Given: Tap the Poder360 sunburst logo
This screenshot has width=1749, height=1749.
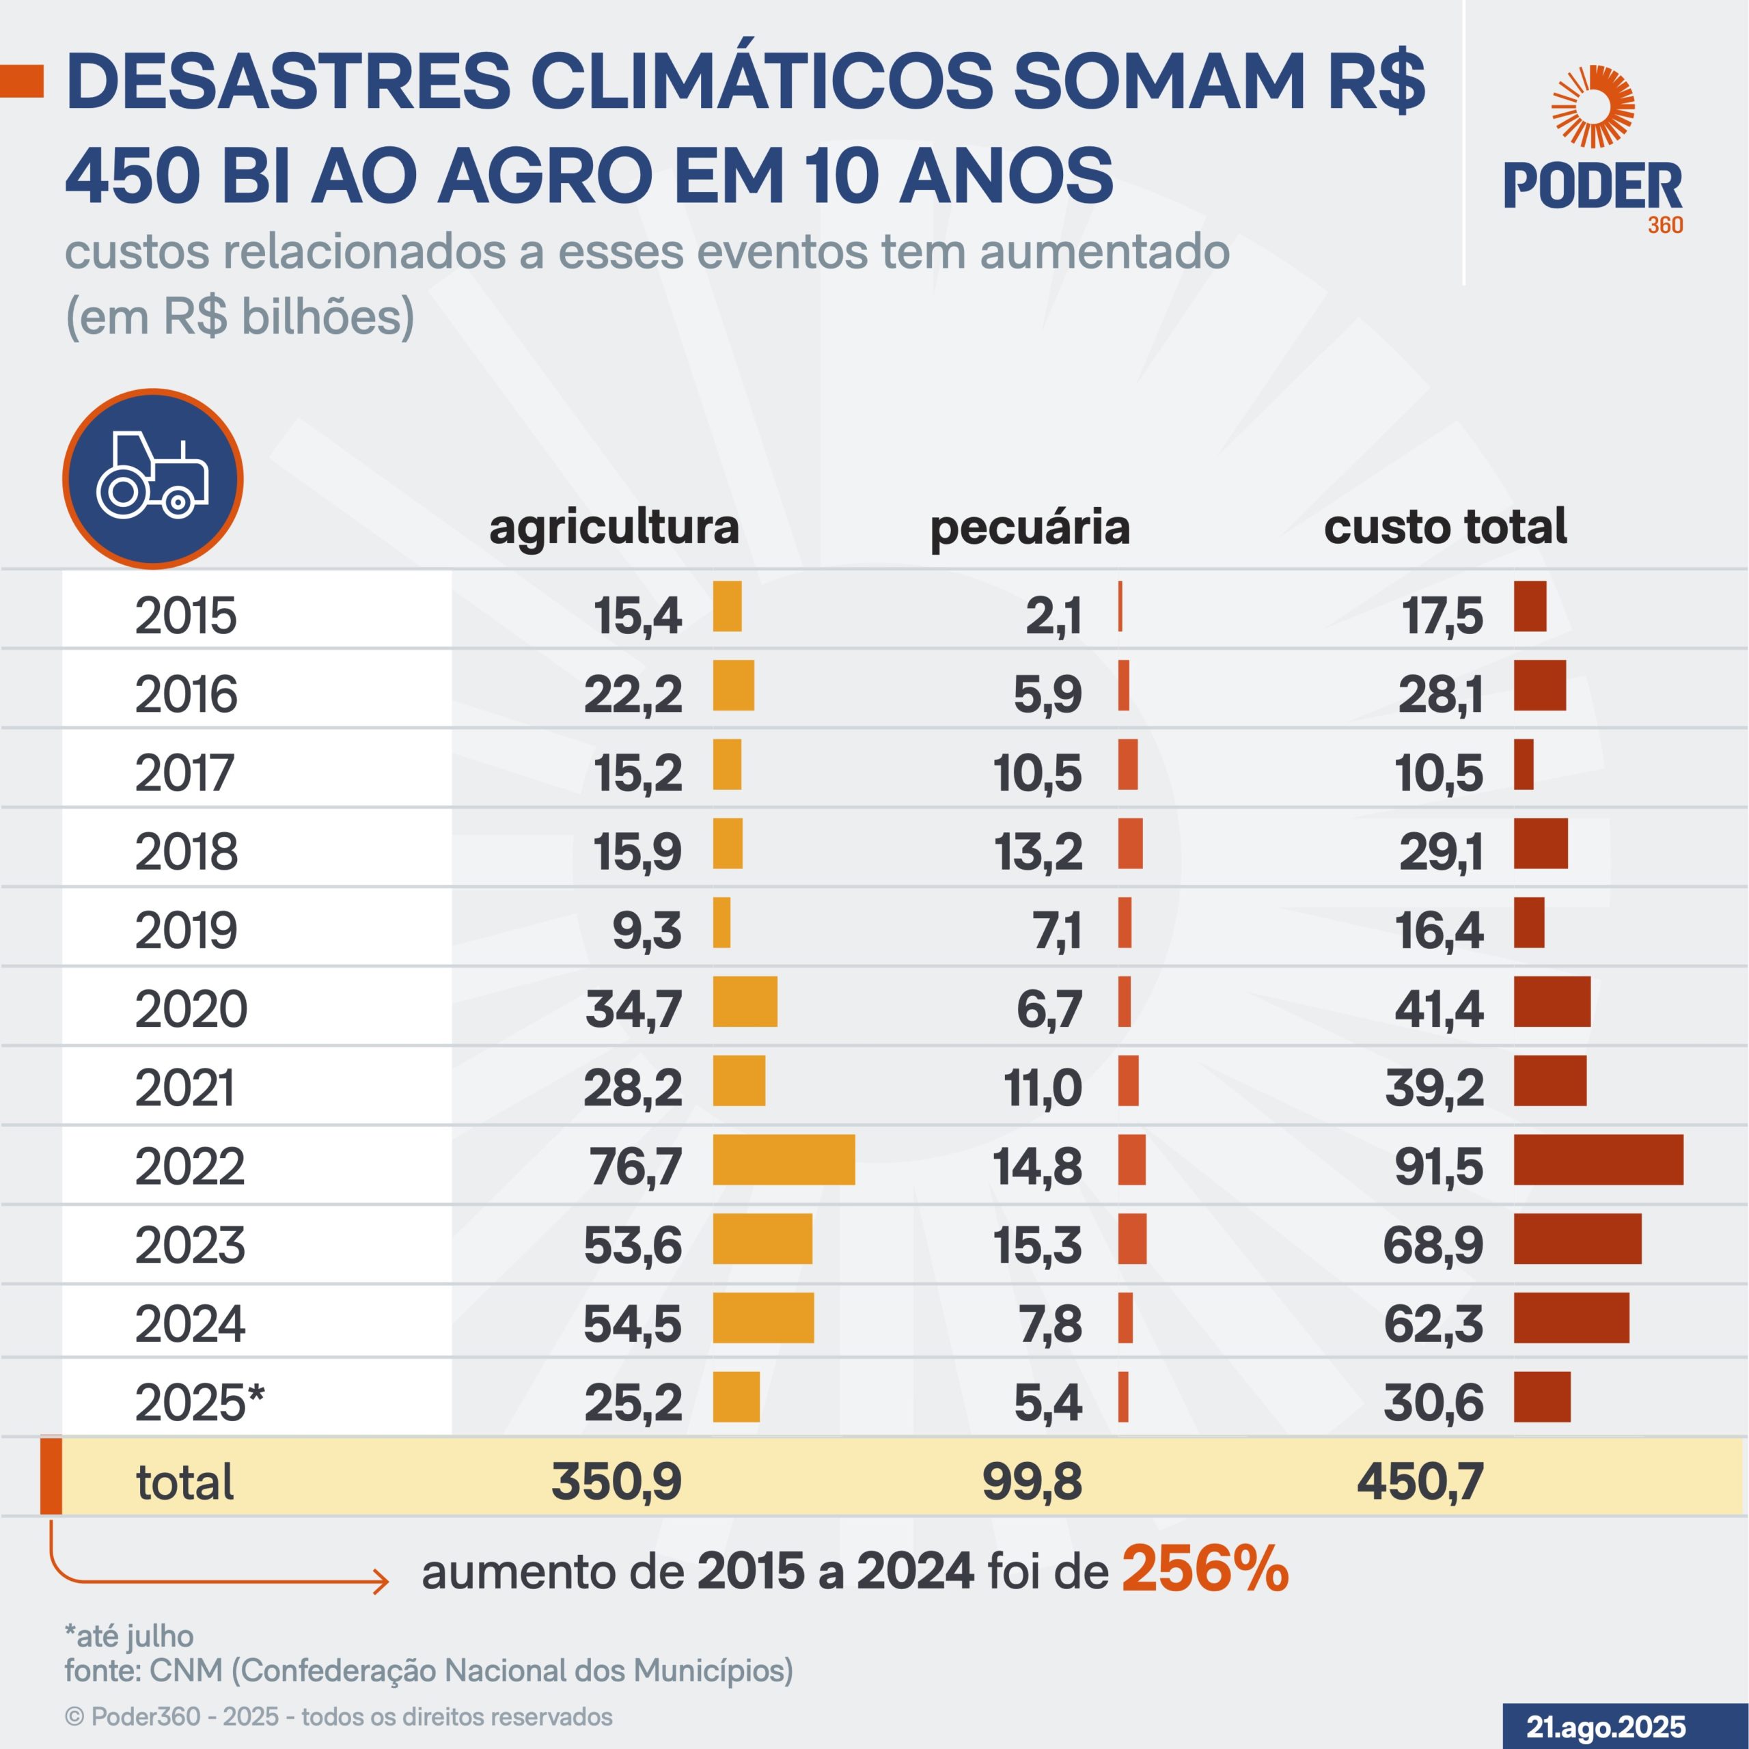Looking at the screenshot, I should pyautogui.click(x=1593, y=107).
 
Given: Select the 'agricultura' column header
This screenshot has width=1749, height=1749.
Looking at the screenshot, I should pyautogui.click(x=614, y=527).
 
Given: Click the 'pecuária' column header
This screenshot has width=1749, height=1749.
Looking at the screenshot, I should pyautogui.click(x=1030, y=527).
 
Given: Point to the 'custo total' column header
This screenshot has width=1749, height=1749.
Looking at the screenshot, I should pyautogui.click(x=1445, y=527).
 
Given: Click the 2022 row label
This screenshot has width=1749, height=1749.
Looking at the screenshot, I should pyautogui.click(x=190, y=1166).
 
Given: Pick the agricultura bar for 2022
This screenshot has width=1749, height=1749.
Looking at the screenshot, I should pyautogui.click(x=784, y=1159).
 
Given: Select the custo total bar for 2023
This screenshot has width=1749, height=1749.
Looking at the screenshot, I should pyautogui.click(x=1577, y=1239).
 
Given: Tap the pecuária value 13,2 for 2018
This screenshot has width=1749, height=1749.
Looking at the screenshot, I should pyautogui.click(x=1038, y=851).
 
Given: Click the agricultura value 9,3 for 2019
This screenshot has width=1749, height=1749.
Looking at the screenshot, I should pyautogui.click(x=646, y=930).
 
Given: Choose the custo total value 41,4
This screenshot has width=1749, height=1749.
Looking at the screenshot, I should pyautogui.click(x=1439, y=1008).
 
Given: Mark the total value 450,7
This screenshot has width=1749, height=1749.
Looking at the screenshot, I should pyautogui.click(x=1420, y=1482).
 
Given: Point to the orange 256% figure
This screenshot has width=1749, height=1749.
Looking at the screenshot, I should pyautogui.click(x=1205, y=1569).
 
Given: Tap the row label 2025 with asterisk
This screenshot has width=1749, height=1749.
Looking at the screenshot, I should pyautogui.click(x=199, y=1403).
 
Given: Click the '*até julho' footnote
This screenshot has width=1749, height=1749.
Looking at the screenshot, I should pyautogui.click(x=129, y=1636).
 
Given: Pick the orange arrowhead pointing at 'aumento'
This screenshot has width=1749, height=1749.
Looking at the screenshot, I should pyautogui.click(x=382, y=1582).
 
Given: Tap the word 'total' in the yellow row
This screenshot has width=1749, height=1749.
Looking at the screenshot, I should pyautogui.click(x=184, y=1482).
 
